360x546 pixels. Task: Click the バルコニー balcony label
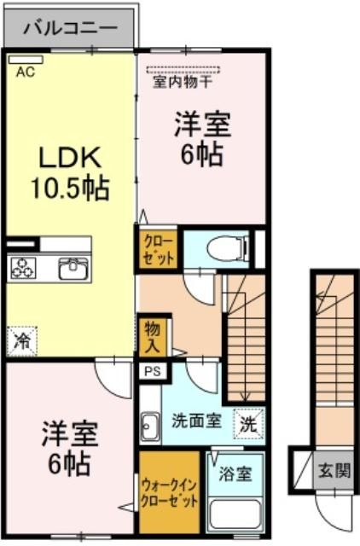70,28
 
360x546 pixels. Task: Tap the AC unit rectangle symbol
26,60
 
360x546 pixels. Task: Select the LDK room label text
70,159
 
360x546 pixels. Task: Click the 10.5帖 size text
71,189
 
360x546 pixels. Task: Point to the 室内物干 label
183,82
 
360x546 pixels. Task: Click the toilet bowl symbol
228,249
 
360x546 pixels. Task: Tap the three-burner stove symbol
23,268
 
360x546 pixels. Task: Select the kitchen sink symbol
73,268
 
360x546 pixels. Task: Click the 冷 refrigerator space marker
21,341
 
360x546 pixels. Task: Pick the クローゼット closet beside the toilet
158,248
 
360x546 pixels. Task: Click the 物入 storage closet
153,336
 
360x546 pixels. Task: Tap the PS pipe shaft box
153,371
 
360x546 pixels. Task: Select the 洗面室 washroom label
197,421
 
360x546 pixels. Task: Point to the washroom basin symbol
150,427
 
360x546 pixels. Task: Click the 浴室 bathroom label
235,474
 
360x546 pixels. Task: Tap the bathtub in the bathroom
235,515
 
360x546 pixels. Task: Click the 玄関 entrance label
334,471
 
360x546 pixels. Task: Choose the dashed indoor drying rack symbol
183,70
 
